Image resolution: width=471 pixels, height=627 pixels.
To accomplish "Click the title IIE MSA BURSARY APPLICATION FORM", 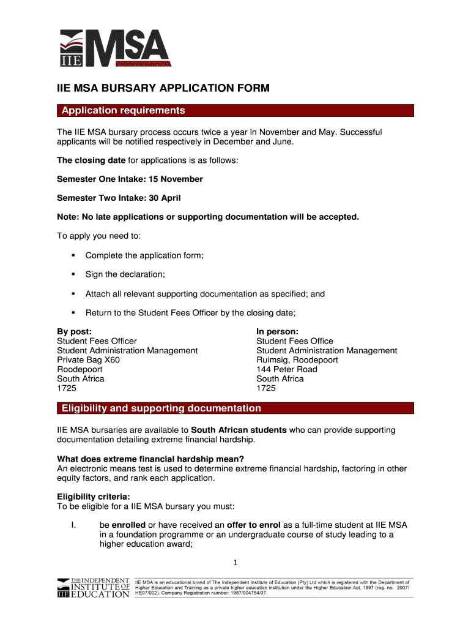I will tap(163, 89).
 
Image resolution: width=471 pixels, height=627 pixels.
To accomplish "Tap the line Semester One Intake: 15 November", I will tap(130, 179).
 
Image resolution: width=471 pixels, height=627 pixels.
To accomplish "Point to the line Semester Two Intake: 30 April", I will tap(119, 198).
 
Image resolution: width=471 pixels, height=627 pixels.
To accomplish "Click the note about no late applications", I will tap(208, 217).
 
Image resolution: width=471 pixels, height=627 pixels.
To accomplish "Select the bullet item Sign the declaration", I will tap(125, 274).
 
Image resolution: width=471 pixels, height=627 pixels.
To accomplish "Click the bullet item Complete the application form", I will tap(144, 255).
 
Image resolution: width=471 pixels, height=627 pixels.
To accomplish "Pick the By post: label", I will tap(74, 332).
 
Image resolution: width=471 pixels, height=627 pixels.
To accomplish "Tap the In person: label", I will tap(277, 332).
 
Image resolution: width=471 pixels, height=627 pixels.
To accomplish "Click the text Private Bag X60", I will tap(88, 360).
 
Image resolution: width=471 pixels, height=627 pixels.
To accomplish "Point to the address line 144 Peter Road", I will tap(287, 369).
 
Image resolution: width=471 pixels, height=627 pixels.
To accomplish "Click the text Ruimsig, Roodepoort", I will tap(297, 360).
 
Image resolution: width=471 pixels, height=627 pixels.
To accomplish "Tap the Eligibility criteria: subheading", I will tap(93, 497).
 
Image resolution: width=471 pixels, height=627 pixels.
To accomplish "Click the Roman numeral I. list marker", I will tap(75, 525).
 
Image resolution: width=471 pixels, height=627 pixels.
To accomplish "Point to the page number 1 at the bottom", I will tap(235, 563).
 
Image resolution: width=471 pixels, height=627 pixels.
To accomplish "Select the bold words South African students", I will tap(239, 430).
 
